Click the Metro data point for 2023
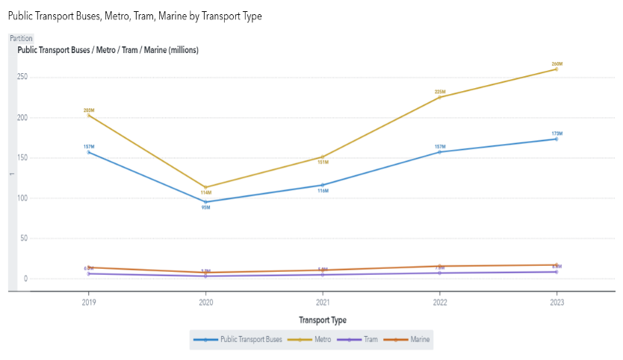coord(557,69)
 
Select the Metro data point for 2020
coord(206,187)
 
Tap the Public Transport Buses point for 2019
coord(89,152)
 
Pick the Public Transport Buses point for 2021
coord(323,185)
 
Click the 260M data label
coord(557,64)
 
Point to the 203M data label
coord(89,111)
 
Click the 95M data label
coord(206,208)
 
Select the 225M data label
coord(440,92)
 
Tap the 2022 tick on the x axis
coord(440,302)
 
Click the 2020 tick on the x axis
coord(206,302)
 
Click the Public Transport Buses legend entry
coord(246,340)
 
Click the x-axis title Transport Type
coord(323,320)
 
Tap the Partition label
coord(21,38)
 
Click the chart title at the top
coord(134,16)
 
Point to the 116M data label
coord(323,191)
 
